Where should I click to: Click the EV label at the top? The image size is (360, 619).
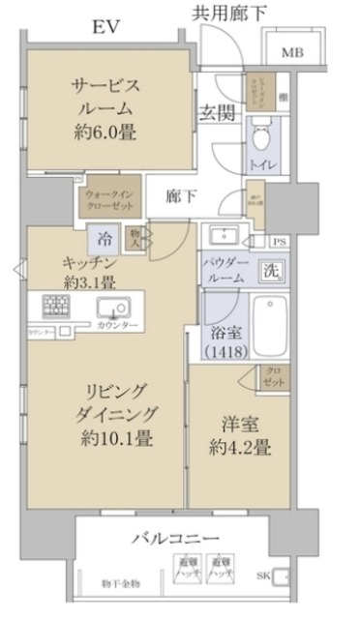point(106,26)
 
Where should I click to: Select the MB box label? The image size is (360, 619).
point(291,52)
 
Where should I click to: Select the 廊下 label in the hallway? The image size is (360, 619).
point(180,196)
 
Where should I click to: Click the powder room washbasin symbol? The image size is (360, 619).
point(229,235)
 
